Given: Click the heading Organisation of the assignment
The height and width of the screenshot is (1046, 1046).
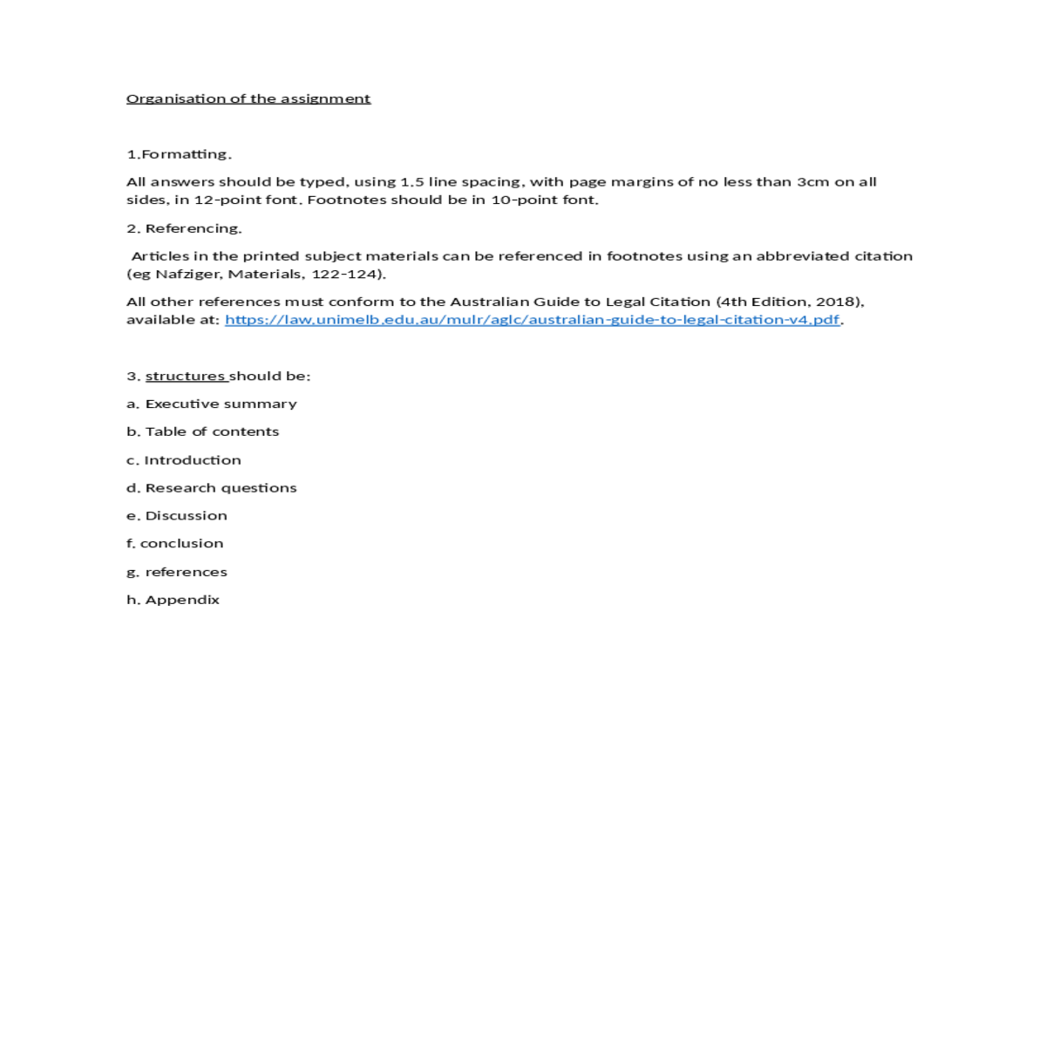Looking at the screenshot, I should (248, 98).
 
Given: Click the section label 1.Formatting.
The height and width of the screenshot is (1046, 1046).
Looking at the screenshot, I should (179, 154).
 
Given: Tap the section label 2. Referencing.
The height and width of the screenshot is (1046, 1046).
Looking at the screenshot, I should (184, 228).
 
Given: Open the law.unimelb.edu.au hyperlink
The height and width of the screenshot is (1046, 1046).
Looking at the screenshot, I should (532, 319).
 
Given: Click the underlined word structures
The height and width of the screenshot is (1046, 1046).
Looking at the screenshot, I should (186, 376).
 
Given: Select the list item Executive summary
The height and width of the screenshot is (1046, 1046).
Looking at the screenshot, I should (221, 404).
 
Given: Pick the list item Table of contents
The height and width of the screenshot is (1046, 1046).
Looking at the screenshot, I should (212, 431).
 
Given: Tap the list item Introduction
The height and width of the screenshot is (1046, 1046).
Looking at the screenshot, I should (192, 460).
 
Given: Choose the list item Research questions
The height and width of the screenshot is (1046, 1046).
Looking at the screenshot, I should (221, 488).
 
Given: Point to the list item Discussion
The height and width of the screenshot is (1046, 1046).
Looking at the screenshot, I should (186, 516).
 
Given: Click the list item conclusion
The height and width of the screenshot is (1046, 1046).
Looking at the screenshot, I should (181, 543).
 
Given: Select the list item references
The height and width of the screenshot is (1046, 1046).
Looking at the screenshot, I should (186, 572).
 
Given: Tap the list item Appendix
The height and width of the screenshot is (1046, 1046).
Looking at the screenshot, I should (182, 600).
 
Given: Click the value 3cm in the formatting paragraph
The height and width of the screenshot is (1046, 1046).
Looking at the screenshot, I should (812, 182).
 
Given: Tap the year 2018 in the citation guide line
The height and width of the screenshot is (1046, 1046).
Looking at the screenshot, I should (836, 302).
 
